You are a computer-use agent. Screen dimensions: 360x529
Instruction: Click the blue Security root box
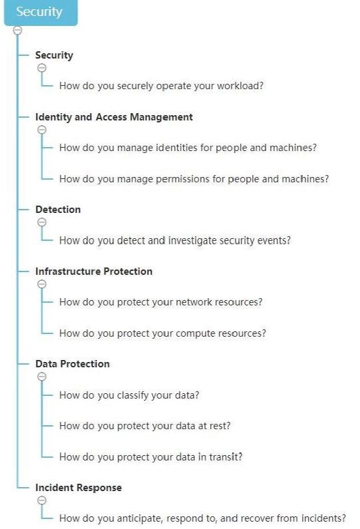click(x=41, y=13)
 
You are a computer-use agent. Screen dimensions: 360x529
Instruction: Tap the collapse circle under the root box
click(x=17, y=31)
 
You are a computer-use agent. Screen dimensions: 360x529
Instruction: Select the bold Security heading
click(x=54, y=55)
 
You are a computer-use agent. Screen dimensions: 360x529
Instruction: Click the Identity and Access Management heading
click(x=114, y=117)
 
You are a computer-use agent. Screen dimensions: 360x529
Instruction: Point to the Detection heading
click(x=58, y=210)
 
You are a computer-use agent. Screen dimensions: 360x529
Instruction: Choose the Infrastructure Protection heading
click(x=94, y=271)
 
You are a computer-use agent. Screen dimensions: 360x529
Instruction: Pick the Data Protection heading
click(x=73, y=364)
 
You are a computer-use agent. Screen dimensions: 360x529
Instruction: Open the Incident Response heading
click(x=79, y=488)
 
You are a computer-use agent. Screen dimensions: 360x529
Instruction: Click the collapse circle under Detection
click(x=42, y=222)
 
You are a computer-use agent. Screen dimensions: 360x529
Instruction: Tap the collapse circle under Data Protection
click(x=42, y=377)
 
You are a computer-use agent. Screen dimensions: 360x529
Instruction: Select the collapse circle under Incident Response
click(x=42, y=500)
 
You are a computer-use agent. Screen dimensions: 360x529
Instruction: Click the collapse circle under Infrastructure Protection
click(x=42, y=284)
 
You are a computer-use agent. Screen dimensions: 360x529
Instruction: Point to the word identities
click(x=176, y=148)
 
